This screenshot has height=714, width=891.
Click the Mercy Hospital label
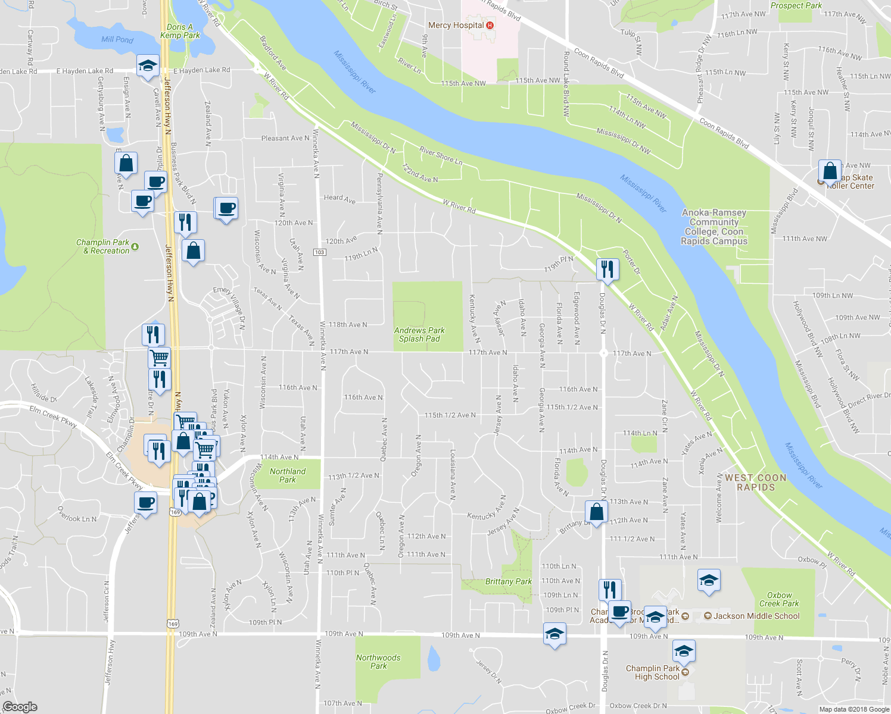456,25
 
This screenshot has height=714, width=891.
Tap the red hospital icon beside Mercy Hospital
490,25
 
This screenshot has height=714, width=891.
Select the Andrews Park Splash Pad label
419,334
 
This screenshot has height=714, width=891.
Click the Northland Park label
288,475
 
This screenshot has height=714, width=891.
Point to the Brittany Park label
508,581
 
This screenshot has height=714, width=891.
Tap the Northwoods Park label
378,662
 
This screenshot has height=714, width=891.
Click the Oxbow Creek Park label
779,599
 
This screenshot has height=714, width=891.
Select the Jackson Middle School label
756,616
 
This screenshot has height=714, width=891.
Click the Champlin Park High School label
652,672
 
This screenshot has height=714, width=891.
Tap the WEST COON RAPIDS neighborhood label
756,482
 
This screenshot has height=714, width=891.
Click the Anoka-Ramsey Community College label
714,227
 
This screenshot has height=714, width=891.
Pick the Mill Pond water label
117,39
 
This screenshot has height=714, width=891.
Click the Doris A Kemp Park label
180,31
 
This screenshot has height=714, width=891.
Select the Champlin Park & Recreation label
103,246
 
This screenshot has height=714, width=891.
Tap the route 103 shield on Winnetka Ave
320,252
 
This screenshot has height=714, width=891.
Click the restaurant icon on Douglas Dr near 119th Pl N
607,269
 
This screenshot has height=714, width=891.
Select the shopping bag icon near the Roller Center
830,171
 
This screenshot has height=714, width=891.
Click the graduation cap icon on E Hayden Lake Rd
147,66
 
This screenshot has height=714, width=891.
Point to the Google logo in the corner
20,707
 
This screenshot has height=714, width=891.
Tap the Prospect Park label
796,5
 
